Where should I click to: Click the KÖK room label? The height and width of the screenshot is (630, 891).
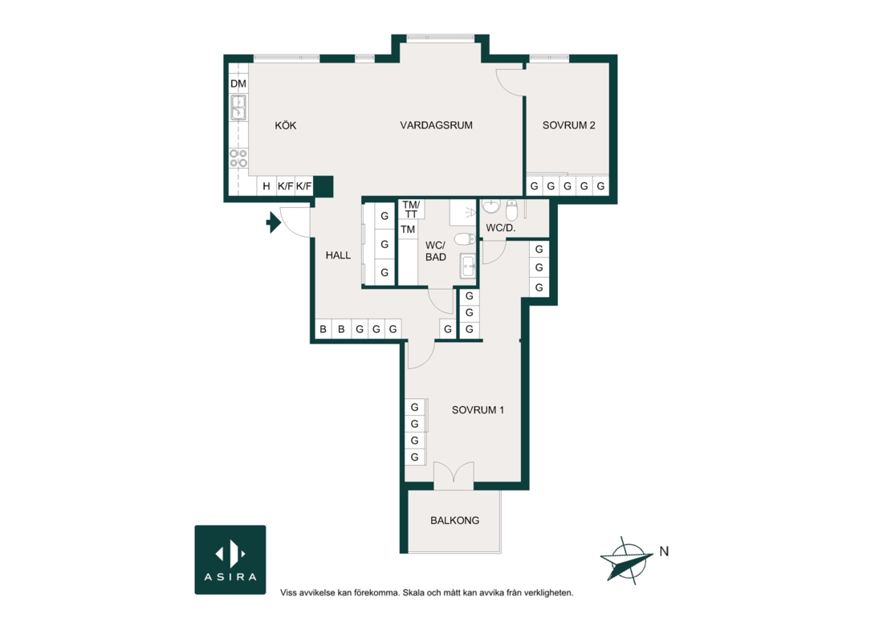point(285,125)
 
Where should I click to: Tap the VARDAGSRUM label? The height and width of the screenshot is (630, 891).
point(436,125)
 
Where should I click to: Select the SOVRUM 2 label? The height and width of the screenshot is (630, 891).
point(568,125)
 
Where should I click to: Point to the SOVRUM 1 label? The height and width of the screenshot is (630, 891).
point(478,410)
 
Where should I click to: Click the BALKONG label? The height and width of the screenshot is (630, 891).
point(454,520)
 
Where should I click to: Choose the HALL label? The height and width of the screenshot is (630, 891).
point(338,256)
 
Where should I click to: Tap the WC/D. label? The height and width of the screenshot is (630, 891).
point(501,229)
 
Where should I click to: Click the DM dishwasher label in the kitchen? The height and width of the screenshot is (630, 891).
point(238,84)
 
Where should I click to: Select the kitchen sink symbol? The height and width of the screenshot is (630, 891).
point(238,108)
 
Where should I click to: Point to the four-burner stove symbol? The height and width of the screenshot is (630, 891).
point(238,158)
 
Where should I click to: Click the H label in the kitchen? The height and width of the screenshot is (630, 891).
point(266,186)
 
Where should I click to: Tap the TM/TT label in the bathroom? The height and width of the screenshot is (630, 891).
point(411,209)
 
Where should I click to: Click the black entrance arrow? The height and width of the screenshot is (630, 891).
point(274,222)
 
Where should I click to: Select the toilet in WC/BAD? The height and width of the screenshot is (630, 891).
point(464,238)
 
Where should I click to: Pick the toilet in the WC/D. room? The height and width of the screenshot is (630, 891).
point(512,210)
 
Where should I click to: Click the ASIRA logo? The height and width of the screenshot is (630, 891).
point(230,559)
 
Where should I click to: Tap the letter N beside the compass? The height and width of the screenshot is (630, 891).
point(664,551)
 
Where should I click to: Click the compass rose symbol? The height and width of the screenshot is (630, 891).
point(627,560)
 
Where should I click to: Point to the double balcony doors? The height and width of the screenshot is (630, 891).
point(454,473)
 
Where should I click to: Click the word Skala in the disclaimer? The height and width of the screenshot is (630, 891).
point(413,592)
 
